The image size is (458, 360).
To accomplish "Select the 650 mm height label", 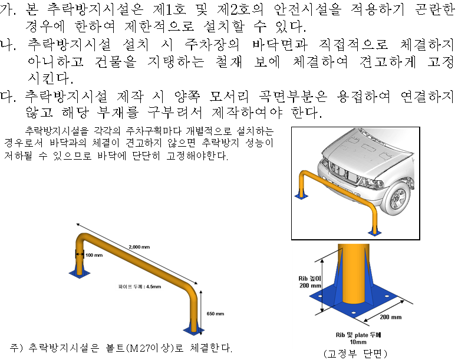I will coord(216,314).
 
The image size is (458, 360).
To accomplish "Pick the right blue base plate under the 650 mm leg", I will coord(195,327).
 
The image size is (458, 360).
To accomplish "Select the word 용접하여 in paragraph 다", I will coord(365,95).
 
